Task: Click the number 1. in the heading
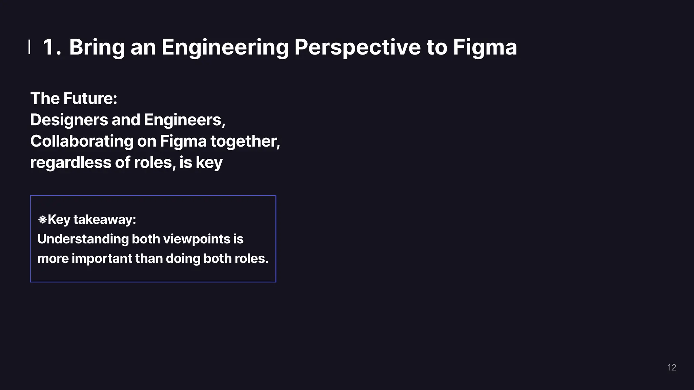52,47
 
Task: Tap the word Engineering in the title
225,47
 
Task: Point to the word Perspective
357,47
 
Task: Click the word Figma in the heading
485,47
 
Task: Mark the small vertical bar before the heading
29,47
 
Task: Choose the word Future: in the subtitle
90,99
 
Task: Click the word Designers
69,120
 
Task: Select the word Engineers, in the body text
185,120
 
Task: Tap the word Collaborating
82,141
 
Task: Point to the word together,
245,141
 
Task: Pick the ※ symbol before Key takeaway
42,220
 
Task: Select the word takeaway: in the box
105,220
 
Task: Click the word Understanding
82,239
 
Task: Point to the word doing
183,259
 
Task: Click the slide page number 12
672,368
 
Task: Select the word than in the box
149,259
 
